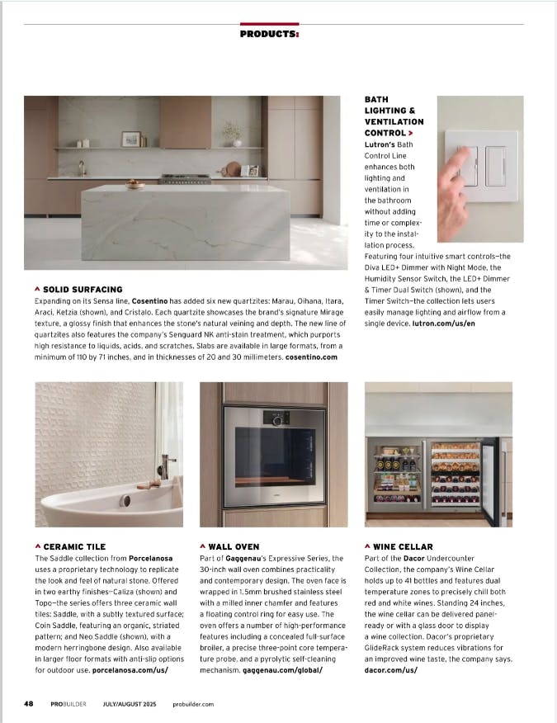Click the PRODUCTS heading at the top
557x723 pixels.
269,34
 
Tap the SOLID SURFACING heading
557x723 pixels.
83,290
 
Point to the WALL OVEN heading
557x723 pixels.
234,546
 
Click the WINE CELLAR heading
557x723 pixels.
403,546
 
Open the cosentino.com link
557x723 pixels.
311,357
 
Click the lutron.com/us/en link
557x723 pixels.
446,324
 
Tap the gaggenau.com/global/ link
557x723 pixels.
282,670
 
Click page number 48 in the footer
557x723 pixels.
28,703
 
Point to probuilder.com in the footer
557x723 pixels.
194,704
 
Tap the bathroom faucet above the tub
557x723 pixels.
168,466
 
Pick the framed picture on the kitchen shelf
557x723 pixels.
130,139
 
